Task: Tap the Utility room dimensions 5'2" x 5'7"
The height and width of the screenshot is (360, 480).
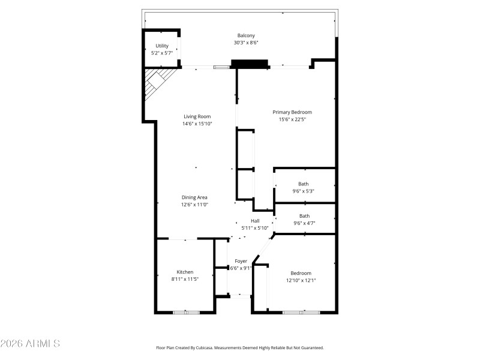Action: tap(161, 53)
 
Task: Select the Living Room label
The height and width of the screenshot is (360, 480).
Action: tap(197, 116)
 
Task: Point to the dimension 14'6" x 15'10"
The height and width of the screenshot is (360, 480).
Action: tap(197, 124)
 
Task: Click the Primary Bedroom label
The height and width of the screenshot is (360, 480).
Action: tap(292, 112)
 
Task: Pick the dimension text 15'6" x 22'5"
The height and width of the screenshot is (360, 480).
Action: tap(292, 119)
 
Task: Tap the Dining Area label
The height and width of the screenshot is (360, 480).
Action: tap(194, 197)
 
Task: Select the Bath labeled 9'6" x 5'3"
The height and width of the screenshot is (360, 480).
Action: tap(304, 184)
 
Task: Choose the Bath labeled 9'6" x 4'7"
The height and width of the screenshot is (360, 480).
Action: tap(304, 216)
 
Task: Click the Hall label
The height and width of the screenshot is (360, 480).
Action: tap(254, 221)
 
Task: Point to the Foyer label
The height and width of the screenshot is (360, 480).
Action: tap(241, 261)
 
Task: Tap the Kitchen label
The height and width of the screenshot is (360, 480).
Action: tap(185, 272)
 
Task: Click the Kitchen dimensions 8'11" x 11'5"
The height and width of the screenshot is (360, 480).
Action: tap(185, 280)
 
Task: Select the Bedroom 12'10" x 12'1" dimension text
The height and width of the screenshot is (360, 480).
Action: tap(301, 280)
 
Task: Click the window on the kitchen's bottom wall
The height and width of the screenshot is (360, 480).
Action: tap(185, 312)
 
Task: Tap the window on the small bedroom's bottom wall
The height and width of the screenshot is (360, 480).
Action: tap(301, 312)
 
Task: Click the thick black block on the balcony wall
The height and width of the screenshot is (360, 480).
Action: tap(249, 64)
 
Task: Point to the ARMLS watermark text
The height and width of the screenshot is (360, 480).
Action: tap(30, 344)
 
